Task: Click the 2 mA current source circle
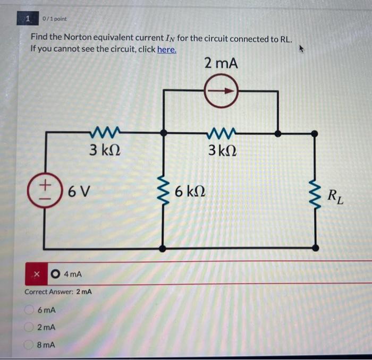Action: click(x=221, y=91)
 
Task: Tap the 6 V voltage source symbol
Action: click(x=46, y=190)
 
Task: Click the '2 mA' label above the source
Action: click(x=221, y=64)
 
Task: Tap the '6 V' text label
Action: click(x=78, y=191)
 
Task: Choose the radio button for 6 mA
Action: click(x=30, y=310)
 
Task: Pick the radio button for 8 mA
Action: click(x=30, y=344)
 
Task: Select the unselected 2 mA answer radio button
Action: click(x=30, y=327)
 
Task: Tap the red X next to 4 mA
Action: click(x=37, y=275)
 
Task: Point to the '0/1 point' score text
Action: click(x=55, y=19)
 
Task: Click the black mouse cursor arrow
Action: click(x=303, y=49)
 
